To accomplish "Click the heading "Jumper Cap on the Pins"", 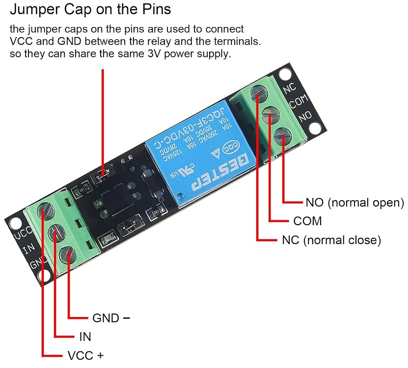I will point(91,9).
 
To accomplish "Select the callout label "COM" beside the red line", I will point(307,221).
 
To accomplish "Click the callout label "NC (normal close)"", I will point(331,240).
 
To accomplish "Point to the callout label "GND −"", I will point(111,318).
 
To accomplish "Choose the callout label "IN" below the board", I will point(85,337).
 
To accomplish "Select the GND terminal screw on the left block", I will point(67,254).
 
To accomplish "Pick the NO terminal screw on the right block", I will point(282,135).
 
